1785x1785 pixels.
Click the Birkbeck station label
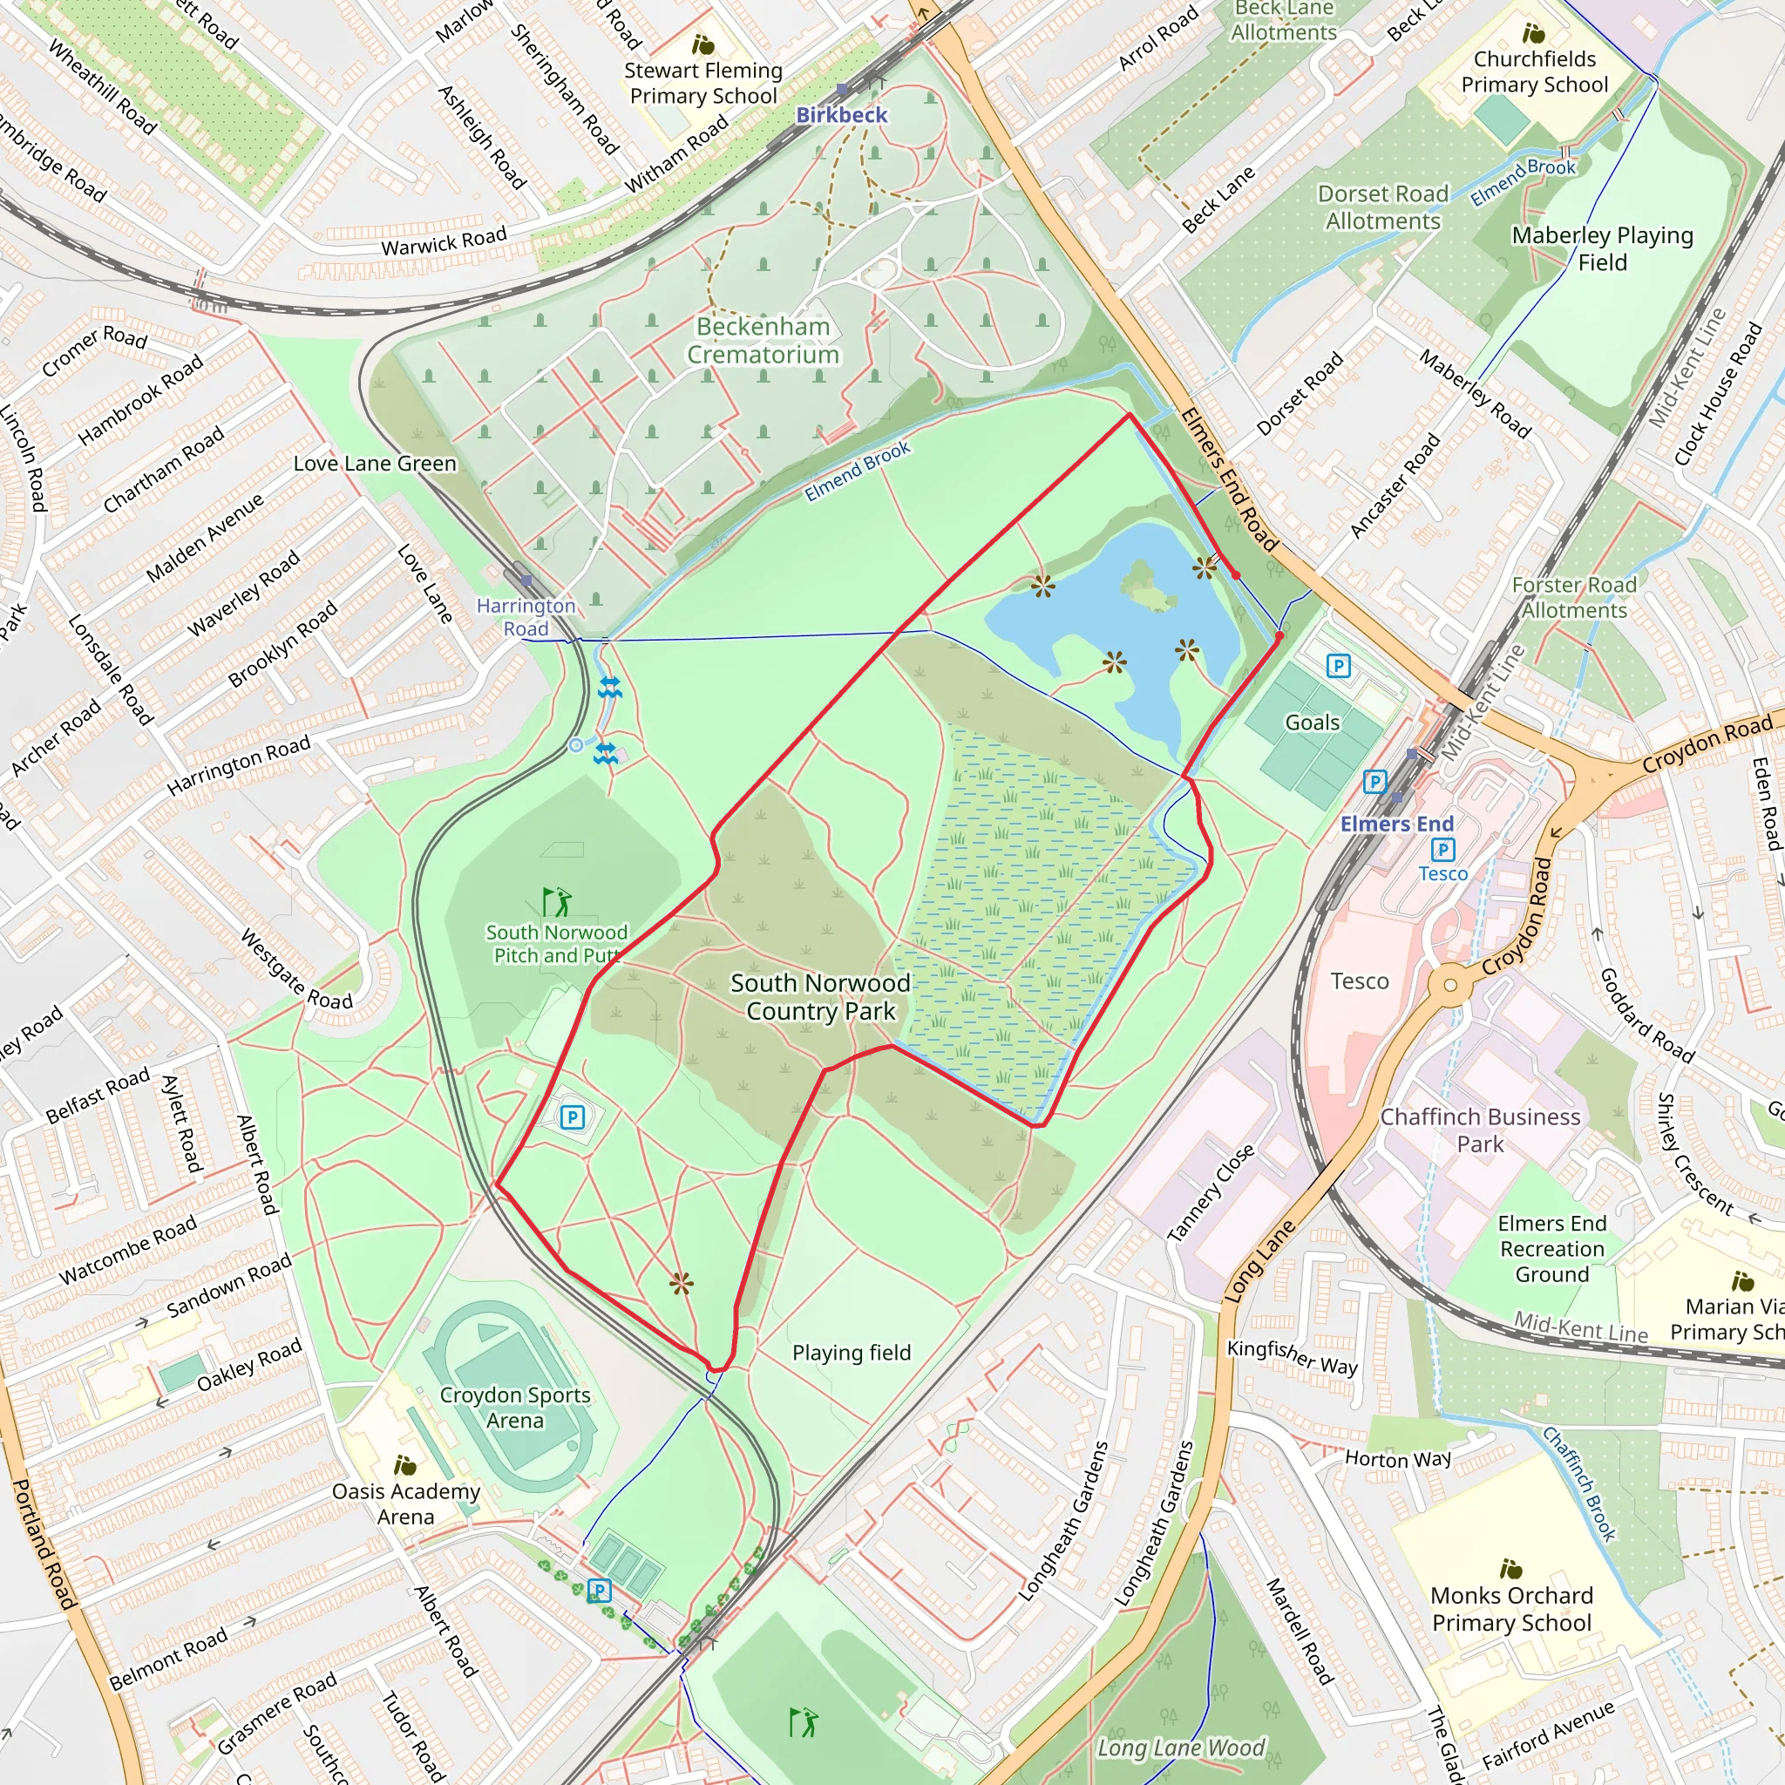pos(841,114)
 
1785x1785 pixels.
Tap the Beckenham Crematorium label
pos(764,340)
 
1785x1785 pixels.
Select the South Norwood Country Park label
pos(820,997)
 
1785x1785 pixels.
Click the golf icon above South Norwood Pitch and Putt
pos(557,902)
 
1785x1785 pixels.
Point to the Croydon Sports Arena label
pos(514,1407)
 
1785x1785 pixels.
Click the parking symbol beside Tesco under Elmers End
pos(1442,849)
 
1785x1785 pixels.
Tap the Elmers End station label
pos(1396,823)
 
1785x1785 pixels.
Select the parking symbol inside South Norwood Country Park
pos(572,1117)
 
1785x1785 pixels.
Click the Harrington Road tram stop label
pos(526,616)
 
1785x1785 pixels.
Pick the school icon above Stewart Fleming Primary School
pos(703,44)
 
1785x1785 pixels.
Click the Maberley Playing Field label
pos(1602,248)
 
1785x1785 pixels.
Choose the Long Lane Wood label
pos(1180,1748)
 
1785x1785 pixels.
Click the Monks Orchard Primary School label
pos(1511,1609)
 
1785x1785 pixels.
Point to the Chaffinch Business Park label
pos(1480,1130)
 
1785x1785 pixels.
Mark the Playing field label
pos(851,1353)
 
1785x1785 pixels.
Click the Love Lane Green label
pos(374,463)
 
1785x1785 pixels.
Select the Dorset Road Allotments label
pos(1382,207)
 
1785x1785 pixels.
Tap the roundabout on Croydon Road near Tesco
pos(1449,985)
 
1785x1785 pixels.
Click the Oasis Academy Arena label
pos(405,1503)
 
